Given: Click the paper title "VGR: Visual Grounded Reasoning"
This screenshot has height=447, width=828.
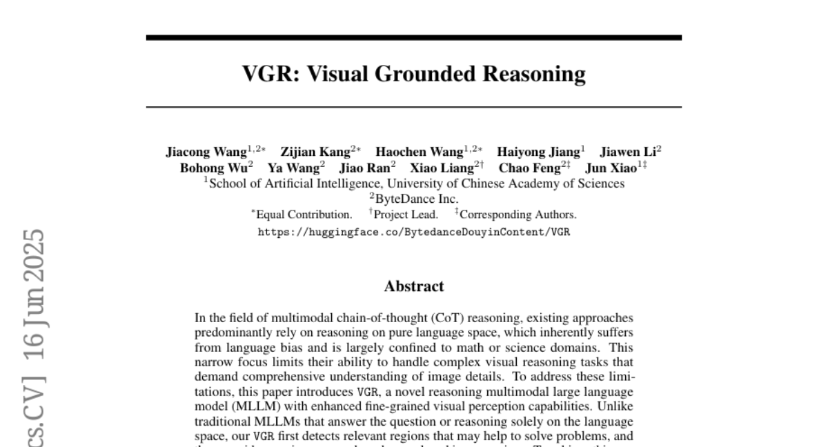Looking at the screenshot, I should tap(413, 74).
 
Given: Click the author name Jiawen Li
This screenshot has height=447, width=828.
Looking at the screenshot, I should tap(628, 152).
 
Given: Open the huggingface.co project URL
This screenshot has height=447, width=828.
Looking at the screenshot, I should tap(414, 232).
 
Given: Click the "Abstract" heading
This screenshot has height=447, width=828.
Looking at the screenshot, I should tap(414, 286).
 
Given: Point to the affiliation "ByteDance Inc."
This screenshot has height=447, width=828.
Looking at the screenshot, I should tap(416, 199).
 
